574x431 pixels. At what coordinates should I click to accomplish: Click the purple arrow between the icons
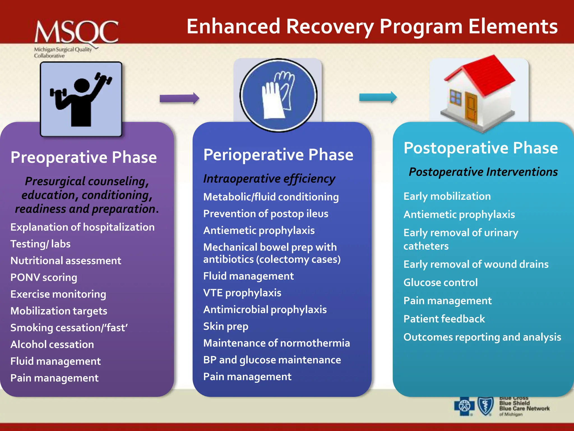179,98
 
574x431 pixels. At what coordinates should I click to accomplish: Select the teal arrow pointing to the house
378,97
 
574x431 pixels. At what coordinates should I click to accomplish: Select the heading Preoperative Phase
84,157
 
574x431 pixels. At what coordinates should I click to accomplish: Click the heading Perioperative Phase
278,155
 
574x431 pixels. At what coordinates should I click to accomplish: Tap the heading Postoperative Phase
480,148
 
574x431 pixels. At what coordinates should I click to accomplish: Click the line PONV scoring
44,278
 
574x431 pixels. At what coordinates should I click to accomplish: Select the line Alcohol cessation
52,345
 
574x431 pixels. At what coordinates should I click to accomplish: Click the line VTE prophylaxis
242,293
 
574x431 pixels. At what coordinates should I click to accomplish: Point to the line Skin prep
226,327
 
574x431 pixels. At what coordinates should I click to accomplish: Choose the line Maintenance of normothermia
276,343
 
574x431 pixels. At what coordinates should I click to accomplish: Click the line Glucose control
440,283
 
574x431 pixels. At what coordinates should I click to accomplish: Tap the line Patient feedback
444,319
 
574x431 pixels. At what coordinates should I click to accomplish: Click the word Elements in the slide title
513,27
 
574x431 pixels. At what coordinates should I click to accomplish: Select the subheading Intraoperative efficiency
269,179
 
